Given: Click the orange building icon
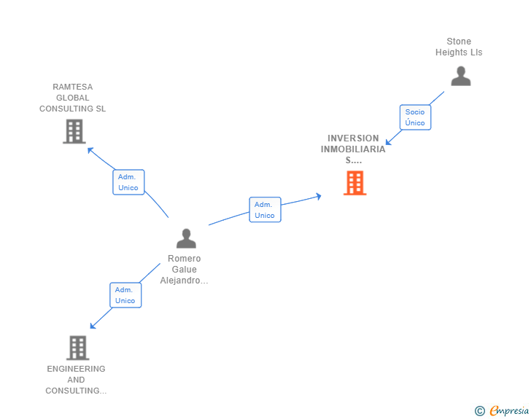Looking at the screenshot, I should click(x=354, y=183).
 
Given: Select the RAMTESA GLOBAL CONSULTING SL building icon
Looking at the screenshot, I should click(x=74, y=131).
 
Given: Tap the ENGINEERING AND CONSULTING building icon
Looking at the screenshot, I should click(x=77, y=348).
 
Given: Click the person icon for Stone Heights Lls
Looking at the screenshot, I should click(x=460, y=76).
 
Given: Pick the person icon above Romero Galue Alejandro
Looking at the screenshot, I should click(x=186, y=238).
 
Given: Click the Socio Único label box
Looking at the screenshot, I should click(x=415, y=117).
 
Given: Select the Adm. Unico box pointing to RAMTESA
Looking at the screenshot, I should click(x=128, y=182).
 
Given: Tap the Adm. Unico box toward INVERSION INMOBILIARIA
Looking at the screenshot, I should click(x=265, y=210).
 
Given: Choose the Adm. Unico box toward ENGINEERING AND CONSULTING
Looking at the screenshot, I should click(x=125, y=295).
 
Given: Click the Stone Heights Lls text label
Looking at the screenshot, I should click(x=459, y=47).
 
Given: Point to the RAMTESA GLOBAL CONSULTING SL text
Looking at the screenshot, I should click(x=72, y=98).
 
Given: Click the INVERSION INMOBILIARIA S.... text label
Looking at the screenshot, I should click(x=353, y=149).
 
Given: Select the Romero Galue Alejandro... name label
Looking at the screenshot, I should click(x=184, y=270).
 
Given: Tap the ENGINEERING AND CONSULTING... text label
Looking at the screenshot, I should click(x=76, y=380).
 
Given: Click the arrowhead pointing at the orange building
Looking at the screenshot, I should click(x=318, y=196).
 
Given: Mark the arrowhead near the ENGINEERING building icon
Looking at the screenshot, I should click(x=93, y=326).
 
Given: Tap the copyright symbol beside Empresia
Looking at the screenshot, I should click(x=479, y=411).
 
